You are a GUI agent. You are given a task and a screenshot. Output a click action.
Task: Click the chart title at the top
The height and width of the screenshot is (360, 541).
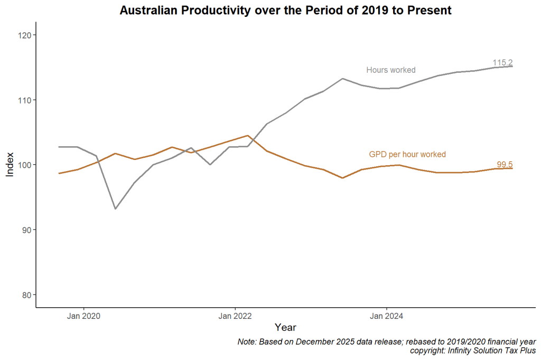tap(285, 11)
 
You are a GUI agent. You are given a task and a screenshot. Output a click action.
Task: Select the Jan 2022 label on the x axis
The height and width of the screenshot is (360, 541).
tap(235, 317)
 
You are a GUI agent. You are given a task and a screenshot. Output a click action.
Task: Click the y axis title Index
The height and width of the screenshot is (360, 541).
tap(10, 165)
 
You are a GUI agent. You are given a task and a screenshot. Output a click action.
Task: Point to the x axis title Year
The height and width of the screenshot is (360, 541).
tap(285, 328)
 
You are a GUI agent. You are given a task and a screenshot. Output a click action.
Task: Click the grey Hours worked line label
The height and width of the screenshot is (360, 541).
tap(391, 70)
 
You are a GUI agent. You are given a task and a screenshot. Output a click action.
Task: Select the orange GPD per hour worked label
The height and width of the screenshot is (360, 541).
tap(407, 155)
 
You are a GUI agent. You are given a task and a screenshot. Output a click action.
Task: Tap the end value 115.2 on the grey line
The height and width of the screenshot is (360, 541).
tap(502, 63)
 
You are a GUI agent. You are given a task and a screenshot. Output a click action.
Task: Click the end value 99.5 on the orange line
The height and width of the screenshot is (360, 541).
tap(505, 165)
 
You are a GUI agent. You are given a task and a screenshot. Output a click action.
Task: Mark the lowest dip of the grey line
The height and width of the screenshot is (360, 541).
tap(115, 209)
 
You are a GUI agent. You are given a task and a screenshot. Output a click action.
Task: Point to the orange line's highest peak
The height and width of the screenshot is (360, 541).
tap(248, 136)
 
